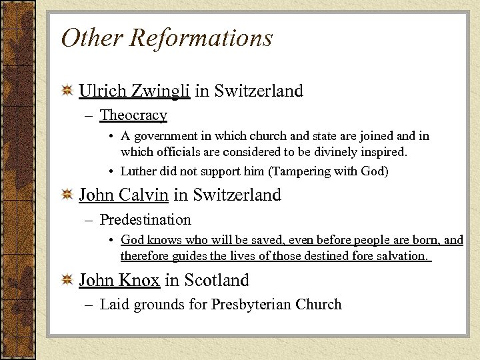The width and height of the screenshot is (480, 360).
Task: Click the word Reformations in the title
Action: pyautogui.click(x=201, y=37)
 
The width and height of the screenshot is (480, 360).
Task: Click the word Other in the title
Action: pyautogui.click(x=91, y=37)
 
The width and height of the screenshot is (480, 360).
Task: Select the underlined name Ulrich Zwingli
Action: pyautogui.click(x=135, y=91)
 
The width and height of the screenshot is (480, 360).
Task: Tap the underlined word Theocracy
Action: pyautogui.click(x=133, y=115)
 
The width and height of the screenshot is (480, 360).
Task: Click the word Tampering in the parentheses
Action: pyautogui.click(x=302, y=171)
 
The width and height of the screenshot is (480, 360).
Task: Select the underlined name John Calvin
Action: pyautogui.click(x=123, y=195)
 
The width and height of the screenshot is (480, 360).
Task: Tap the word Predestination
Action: pyautogui.click(x=145, y=220)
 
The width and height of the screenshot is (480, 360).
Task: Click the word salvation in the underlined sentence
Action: pyautogui.click(x=399, y=256)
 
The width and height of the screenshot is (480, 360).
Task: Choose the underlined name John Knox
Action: pyautogui.click(x=119, y=280)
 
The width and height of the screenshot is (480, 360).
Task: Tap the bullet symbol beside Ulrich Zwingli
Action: pyautogui.click(x=67, y=91)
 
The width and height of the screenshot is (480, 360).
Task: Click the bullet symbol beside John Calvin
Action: pyautogui.click(x=67, y=196)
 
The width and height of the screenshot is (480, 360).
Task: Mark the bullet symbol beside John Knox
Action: pyautogui.click(x=67, y=281)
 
